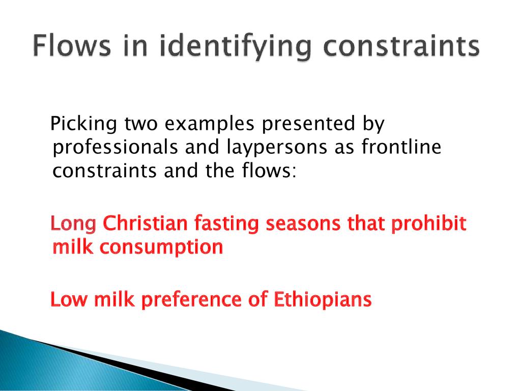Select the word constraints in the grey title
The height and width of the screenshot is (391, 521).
tap(401, 46)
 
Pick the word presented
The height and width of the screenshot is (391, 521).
tap(308, 124)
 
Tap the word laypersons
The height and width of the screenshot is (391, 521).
tap(277, 148)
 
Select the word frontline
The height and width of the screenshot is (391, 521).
tap(401, 146)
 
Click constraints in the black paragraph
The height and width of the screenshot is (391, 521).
tap(105, 171)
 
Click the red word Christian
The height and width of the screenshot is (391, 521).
tap(145, 223)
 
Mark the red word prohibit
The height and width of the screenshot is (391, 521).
tap(428, 224)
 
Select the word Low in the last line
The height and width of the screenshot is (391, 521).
tap(69, 299)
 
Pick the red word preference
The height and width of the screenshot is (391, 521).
tap(191, 300)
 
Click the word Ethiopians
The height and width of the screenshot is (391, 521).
tap(322, 300)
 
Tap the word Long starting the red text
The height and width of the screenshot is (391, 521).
tap(73, 224)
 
